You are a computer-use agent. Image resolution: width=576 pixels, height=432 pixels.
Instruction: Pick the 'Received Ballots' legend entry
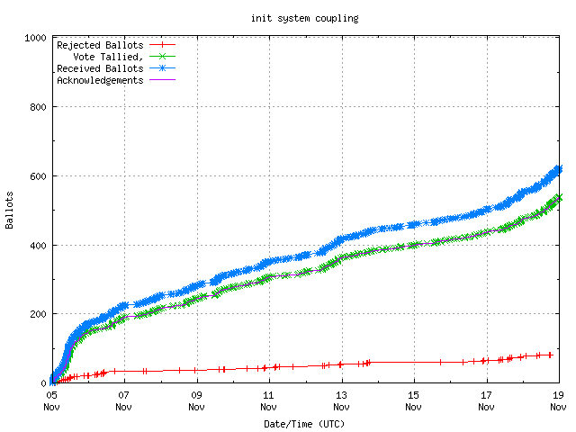(99, 67)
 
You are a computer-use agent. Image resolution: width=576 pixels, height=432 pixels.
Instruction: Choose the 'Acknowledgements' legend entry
(99, 79)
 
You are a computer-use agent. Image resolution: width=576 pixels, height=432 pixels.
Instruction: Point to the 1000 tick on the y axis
(36, 38)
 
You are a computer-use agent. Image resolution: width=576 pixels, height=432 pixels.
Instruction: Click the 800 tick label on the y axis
(39, 107)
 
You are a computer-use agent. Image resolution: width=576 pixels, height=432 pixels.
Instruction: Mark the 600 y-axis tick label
(39, 176)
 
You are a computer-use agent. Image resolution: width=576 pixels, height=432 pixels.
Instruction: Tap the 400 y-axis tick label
(39, 245)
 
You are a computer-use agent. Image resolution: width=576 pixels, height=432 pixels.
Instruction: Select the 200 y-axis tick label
(39, 314)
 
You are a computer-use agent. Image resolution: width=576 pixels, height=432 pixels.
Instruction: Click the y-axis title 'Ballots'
(10, 210)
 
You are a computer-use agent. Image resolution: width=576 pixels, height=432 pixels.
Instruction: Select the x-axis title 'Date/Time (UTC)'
(303, 423)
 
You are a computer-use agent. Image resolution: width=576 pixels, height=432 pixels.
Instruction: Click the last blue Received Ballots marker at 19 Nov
(558, 168)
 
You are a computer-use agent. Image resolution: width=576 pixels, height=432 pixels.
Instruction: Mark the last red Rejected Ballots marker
(550, 355)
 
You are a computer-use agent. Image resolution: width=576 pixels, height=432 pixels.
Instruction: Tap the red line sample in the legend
(162, 44)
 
